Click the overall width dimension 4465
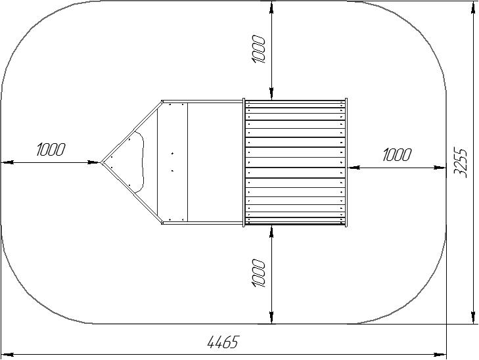tap(223, 342)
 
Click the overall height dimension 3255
tap(460, 162)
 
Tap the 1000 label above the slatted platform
tap(258, 49)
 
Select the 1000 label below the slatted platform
tap(258, 273)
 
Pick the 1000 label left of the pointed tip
tap(51, 149)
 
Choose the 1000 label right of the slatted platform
tap(397, 154)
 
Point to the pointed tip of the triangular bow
tap(101, 162)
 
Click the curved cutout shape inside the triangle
tap(139, 162)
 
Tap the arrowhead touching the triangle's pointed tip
tap(93, 162)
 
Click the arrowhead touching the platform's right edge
tap(354, 168)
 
